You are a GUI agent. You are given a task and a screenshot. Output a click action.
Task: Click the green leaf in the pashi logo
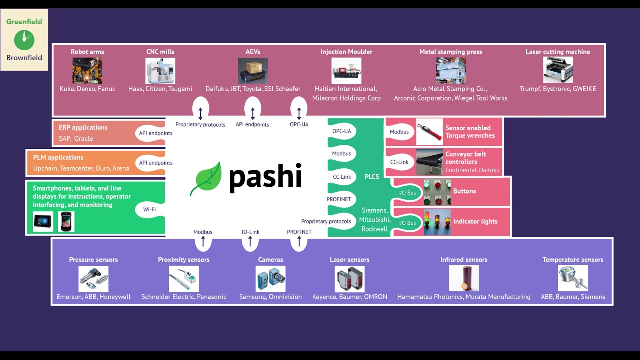point(205,179)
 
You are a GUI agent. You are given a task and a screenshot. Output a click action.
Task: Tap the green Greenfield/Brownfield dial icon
point(24,40)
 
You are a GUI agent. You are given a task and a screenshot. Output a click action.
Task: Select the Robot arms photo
point(87,71)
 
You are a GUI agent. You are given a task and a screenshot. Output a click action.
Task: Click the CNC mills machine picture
point(160,71)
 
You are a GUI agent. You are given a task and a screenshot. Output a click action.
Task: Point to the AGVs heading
point(253,52)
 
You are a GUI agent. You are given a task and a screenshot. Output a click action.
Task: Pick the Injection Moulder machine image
point(346,71)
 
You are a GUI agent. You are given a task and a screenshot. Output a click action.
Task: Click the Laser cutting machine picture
point(558,70)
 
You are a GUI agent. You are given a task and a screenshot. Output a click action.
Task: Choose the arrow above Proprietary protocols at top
point(200,112)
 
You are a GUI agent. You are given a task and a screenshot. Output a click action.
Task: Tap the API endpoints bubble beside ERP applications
point(156,133)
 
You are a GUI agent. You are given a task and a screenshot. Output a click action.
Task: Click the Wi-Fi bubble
point(149,209)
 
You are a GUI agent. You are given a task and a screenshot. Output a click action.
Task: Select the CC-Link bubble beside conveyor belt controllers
point(399,162)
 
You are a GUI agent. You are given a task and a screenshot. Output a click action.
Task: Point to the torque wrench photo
point(429,132)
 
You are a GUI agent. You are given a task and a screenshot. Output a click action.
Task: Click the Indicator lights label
point(475,221)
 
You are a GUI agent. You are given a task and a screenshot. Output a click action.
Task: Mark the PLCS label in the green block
point(372,177)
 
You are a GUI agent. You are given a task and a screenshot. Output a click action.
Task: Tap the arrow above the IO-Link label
point(250,242)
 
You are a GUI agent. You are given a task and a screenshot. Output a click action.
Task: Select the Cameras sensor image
point(270,279)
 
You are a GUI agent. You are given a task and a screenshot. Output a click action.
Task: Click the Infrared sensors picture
point(464,278)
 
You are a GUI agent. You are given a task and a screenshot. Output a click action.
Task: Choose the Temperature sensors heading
point(573,260)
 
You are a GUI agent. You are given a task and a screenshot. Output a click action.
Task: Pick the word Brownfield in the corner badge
point(24,58)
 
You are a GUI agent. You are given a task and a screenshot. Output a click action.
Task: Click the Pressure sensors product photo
point(93,279)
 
